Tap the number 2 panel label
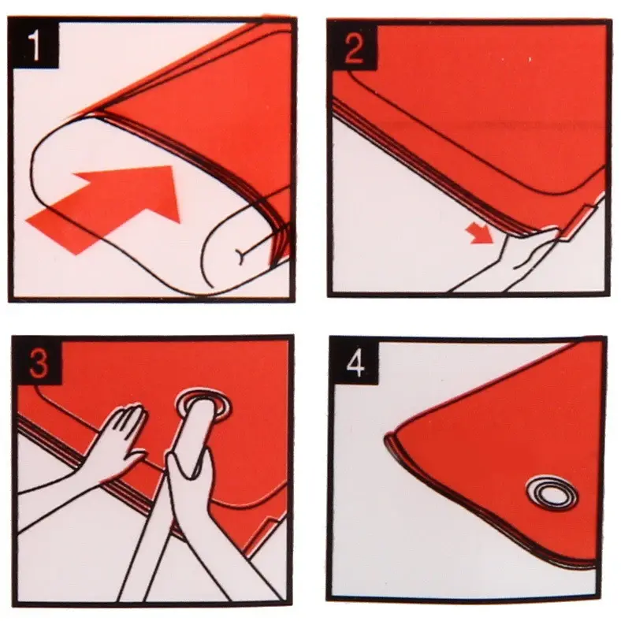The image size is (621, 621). (x=354, y=48)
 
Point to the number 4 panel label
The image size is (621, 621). (x=355, y=364)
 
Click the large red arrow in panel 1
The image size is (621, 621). (x=104, y=209)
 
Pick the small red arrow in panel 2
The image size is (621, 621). (x=479, y=233)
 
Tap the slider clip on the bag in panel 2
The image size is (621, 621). (x=574, y=222)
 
